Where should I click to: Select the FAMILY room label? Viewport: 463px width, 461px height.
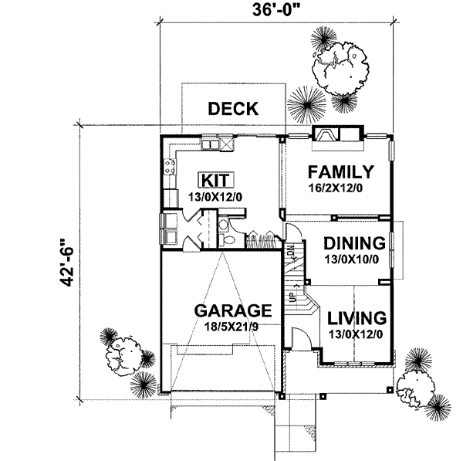[x=340, y=171]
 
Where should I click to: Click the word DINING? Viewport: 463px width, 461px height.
[x=355, y=243]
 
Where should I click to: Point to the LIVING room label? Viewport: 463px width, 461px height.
[x=356, y=317]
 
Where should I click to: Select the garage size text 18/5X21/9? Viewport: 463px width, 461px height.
[x=231, y=327]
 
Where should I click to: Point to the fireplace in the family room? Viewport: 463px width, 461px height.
[x=325, y=136]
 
